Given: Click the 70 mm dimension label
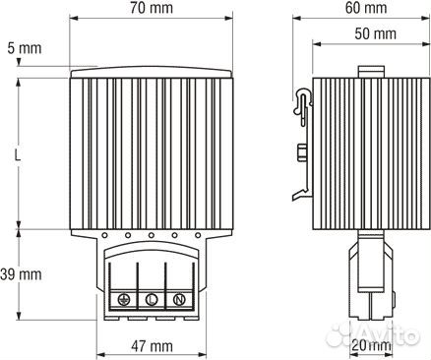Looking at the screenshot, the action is [151, 8].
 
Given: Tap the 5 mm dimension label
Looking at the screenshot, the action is [25, 48].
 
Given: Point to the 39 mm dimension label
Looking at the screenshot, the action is [21, 274].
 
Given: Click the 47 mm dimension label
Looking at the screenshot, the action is [152, 346].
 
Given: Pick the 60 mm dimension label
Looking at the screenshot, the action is [366, 8].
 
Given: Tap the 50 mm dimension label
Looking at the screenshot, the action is [375, 33].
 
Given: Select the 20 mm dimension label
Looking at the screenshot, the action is [371, 345].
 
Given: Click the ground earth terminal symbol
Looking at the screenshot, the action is [123, 299].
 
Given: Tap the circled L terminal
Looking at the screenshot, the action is [152, 299].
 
